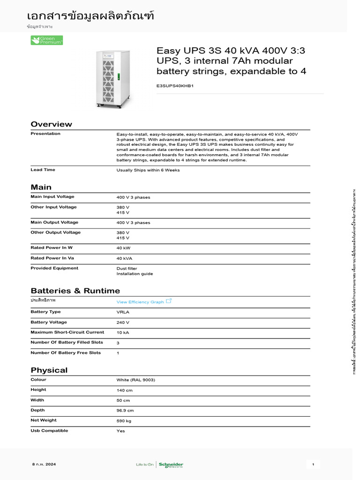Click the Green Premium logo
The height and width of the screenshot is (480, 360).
point(46,40)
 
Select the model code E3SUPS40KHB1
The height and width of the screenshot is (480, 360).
point(175,86)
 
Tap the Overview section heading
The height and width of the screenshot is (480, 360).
point(51,124)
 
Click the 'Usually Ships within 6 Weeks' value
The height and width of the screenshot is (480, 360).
point(148,170)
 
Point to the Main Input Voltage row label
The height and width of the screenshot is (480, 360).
point(52,197)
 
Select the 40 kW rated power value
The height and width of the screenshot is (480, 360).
point(123,248)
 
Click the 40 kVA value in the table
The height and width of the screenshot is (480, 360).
point(124,258)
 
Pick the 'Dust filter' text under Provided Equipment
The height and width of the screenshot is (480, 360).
point(127,269)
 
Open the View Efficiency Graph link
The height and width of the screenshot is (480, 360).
point(140,302)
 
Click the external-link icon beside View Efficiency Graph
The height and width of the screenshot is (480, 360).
point(169,301)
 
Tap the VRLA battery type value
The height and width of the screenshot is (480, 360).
point(123,312)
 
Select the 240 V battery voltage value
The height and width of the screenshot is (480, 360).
point(123,322)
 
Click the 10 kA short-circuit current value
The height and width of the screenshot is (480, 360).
point(123,332)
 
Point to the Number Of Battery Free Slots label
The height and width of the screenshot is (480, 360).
point(66,352)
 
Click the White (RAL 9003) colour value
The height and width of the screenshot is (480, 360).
point(135,380)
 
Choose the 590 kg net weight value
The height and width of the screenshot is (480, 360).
point(124,421)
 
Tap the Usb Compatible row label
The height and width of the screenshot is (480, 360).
point(49,430)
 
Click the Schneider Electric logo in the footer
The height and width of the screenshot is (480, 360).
point(171,465)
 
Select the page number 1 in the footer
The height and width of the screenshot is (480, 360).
point(313,465)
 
